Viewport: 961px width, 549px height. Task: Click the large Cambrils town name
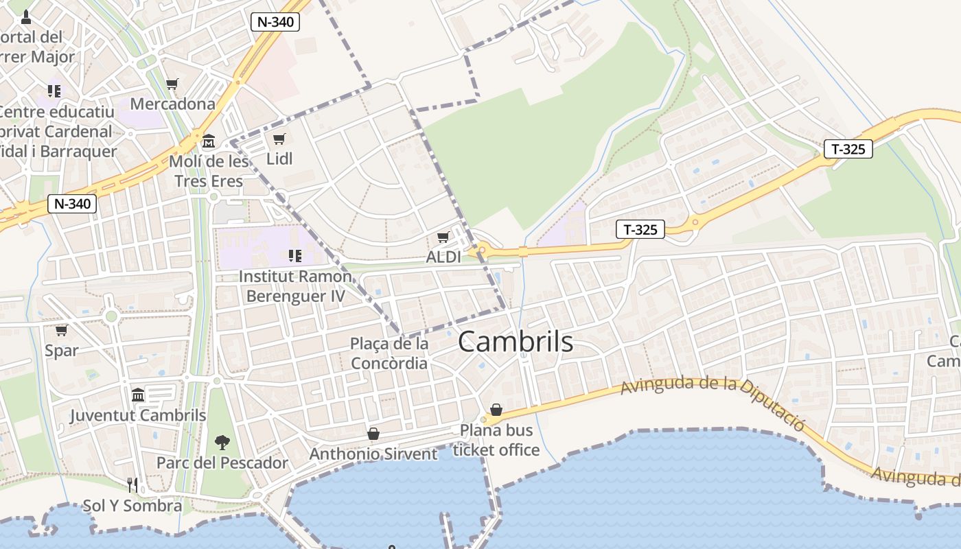point(515,341)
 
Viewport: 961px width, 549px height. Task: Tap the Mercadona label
point(172,104)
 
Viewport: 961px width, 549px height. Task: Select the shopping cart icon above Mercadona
point(172,84)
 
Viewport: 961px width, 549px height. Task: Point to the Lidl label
point(279,159)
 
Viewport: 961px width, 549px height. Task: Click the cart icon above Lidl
point(279,139)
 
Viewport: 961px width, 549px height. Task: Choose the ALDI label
point(443,257)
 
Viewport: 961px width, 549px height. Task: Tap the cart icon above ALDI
point(443,237)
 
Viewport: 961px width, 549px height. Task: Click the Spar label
point(62,351)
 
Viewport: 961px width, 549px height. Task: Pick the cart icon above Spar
point(61,331)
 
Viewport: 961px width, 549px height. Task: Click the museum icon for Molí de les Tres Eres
point(209,141)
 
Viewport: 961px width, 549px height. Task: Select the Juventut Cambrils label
point(138,415)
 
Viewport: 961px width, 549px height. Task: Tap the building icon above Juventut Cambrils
point(138,395)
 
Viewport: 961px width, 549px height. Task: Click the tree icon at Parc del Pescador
point(222,442)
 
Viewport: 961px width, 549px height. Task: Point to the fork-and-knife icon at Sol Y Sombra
point(132,485)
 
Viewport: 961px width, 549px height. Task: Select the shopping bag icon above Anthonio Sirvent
point(373,434)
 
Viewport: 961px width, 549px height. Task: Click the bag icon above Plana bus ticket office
point(496,410)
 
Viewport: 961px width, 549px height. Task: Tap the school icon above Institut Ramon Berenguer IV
point(295,256)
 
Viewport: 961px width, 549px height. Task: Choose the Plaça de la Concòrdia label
point(389,353)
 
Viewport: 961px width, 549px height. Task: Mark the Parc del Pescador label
point(222,463)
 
